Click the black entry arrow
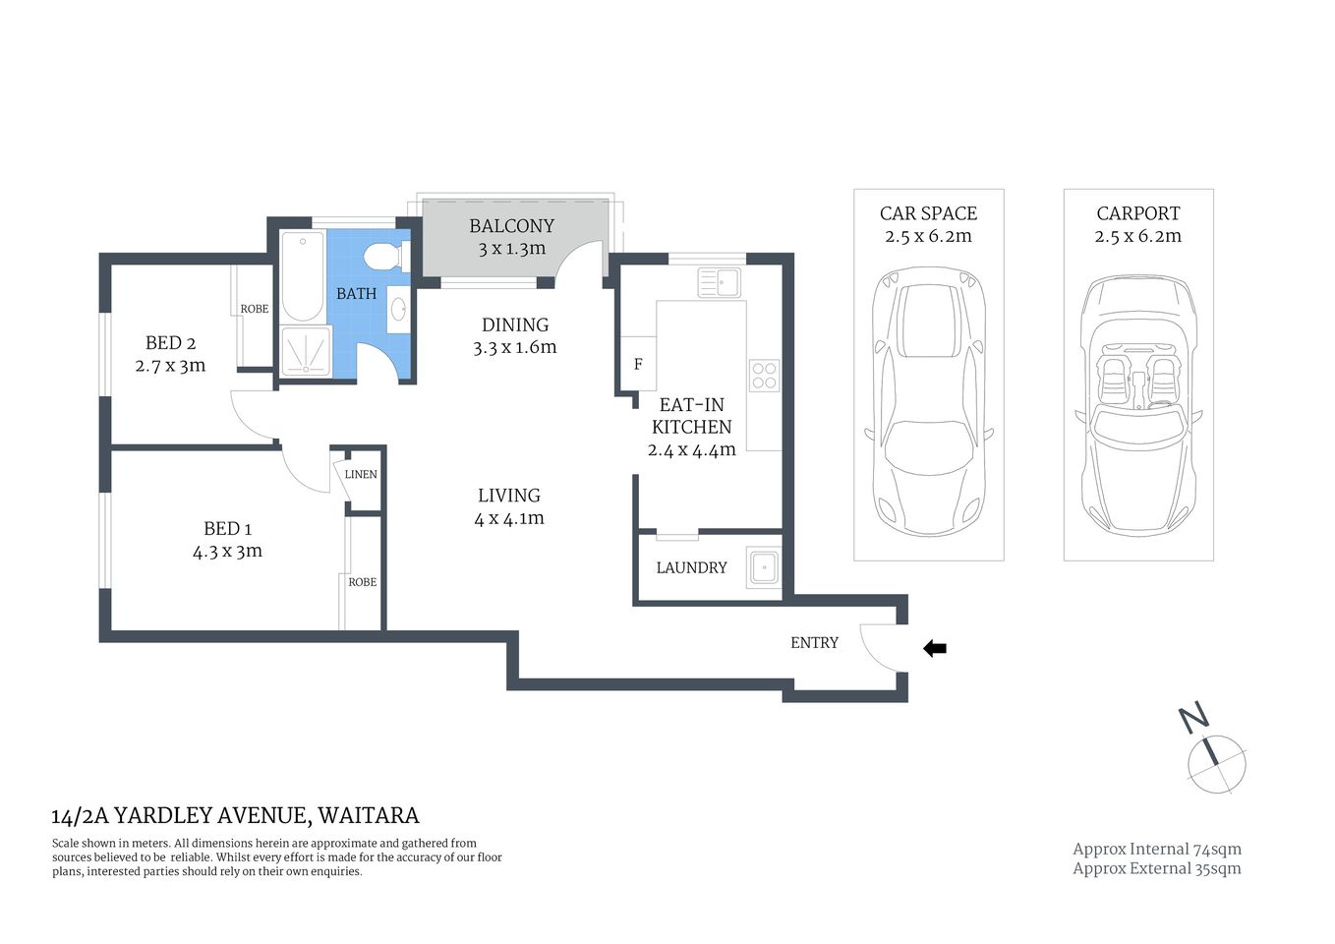coord(935,648)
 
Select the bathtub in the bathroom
coord(303,276)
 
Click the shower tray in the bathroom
coord(306,351)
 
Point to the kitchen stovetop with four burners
coord(764,375)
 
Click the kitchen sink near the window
coord(720,282)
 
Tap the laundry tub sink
coord(763,567)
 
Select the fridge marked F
coord(638,365)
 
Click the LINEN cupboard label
coord(361,474)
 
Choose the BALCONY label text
coord(511,226)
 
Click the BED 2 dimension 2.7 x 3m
coord(170,366)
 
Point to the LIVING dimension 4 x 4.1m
coord(509,518)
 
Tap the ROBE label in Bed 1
coord(362,582)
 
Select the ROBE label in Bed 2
coord(255,309)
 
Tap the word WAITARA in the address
coord(369,815)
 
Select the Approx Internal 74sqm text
coord(1156,849)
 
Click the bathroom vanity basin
coord(398,310)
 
